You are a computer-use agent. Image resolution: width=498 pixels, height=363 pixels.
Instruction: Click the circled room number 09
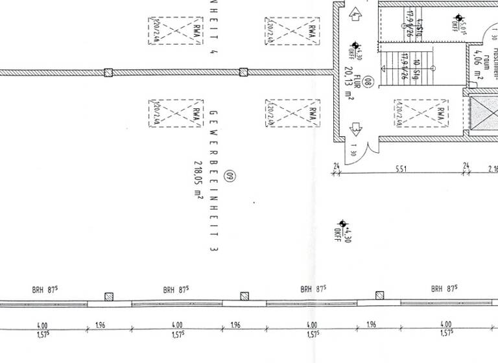click(228, 175)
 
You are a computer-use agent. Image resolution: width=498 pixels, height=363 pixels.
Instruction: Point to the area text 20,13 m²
click(349, 84)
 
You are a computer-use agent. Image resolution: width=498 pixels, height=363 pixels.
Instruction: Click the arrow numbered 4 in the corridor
click(355, 14)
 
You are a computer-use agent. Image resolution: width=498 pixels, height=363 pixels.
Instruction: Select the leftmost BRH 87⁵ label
click(43, 290)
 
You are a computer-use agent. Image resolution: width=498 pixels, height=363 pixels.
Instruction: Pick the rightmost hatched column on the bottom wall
click(379, 296)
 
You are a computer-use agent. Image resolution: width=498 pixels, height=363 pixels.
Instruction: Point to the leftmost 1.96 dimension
click(101, 325)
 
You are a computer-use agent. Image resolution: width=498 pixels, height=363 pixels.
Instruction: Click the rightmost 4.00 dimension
click(446, 325)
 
